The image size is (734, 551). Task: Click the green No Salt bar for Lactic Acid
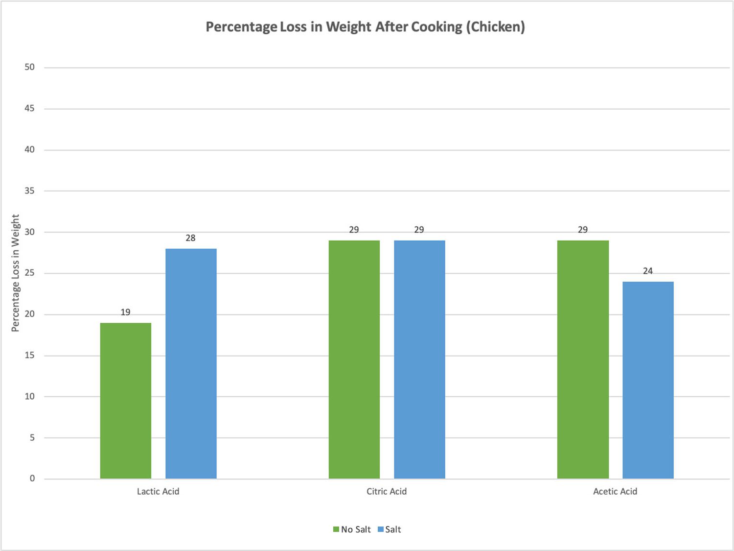[x=126, y=401]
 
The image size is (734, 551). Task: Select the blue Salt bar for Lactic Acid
[x=191, y=363]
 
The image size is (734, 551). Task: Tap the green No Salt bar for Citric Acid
[x=354, y=359]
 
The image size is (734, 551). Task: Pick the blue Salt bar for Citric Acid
[x=419, y=359]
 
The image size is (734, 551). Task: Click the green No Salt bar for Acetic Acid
[x=583, y=359]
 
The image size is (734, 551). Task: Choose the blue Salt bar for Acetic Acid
[x=648, y=380]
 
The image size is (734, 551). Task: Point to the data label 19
[x=125, y=312]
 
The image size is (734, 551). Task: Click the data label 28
[x=190, y=238]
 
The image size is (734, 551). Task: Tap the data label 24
[x=648, y=271]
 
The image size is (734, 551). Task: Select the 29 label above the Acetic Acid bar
[x=583, y=230]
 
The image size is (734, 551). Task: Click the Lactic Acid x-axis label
[x=158, y=491]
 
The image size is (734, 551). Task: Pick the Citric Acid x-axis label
[x=387, y=491]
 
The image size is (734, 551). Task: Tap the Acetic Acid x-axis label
[x=615, y=491]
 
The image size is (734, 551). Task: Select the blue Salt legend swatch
[x=381, y=529]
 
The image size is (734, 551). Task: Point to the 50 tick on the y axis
[x=30, y=67]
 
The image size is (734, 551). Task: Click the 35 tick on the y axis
[x=30, y=191]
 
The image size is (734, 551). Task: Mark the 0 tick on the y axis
[x=32, y=479]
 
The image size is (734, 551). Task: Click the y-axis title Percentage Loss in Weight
[x=15, y=273]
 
